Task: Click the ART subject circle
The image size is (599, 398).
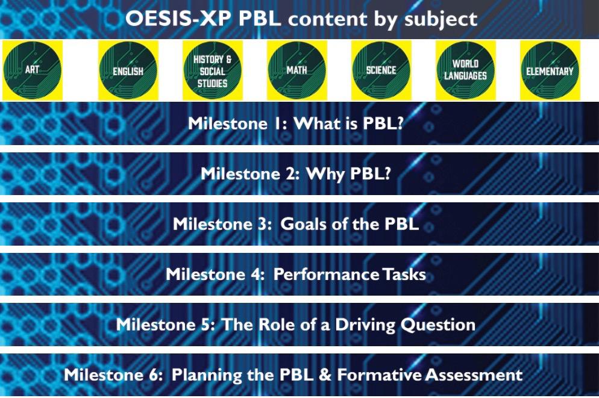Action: coord(33,70)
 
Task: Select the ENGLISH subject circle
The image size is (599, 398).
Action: coord(128,70)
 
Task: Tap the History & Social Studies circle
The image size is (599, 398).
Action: coord(212,70)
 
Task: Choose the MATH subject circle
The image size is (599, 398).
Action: coord(296,70)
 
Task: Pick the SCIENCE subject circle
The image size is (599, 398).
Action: coord(381,70)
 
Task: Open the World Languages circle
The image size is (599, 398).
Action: coord(465,70)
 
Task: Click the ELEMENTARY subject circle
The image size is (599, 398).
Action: coord(550,70)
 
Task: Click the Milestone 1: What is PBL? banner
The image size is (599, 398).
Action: coord(295,123)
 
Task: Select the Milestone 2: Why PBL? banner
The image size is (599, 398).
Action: coord(300,173)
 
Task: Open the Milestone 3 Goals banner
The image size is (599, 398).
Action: coord(295,224)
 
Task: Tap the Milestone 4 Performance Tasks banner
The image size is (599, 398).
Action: coord(295,275)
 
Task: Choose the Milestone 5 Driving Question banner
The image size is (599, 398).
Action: coord(295,325)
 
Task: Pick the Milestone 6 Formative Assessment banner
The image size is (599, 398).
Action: coord(293,375)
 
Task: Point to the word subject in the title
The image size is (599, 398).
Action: coord(438,19)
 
